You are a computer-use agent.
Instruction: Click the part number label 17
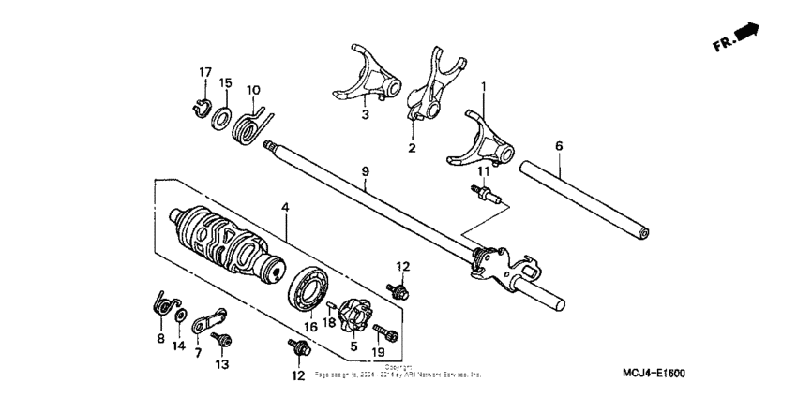tap(205, 72)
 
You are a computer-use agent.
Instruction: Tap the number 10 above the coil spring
tap(253, 90)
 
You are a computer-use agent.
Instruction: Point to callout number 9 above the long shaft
tap(367, 170)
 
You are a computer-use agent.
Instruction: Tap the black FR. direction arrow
tap(746, 34)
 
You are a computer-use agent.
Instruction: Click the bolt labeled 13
tap(222, 335)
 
